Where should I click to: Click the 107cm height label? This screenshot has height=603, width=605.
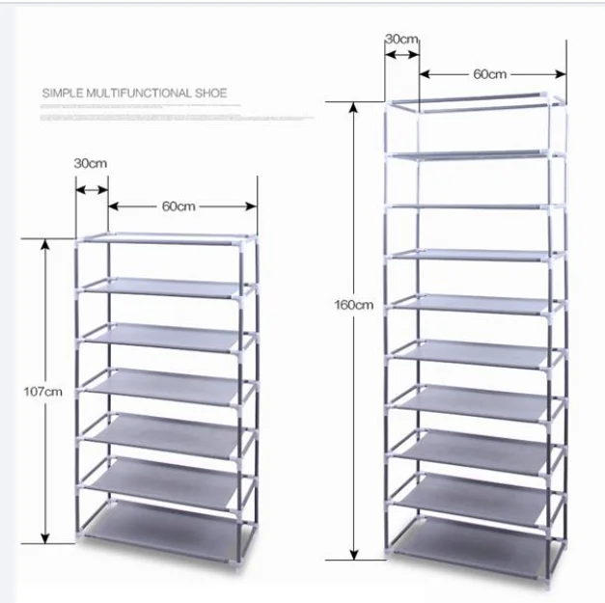[x=43, y=392]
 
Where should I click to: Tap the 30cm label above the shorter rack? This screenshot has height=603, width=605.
[x=90, y=163]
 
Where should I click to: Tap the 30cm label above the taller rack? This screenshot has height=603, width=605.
[x=401, y=39]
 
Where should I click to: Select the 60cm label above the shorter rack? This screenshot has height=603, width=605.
[x=179, y=206]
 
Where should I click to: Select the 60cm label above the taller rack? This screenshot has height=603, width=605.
[x=490, y=73]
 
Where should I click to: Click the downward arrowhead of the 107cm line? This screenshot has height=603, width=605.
[x=44, y=537]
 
